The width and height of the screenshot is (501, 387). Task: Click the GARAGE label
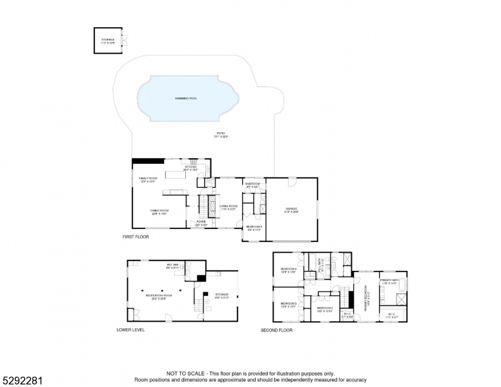[x=293, y=209]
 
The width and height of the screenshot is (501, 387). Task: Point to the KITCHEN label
[x=191, y=168]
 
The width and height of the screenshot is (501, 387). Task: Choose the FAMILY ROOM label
[x=148, y=179]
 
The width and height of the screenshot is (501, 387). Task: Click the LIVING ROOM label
[x=229, y=207]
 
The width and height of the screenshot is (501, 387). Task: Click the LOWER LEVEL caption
[x=130, y=330]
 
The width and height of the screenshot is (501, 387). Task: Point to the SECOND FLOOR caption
[x=276, y=330]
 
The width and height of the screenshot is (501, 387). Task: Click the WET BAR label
[x=172, y=265]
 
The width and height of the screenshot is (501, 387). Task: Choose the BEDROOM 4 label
[x=288, y=270]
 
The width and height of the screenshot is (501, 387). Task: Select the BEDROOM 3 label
[x=288, y=303]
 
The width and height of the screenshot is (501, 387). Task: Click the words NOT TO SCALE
[x=187, y=373]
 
